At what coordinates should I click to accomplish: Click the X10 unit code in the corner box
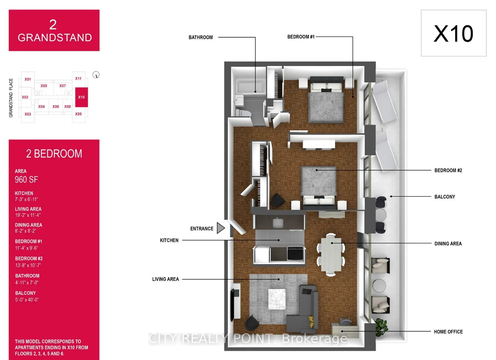point(453,34)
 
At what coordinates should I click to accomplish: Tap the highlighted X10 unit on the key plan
point(82,97)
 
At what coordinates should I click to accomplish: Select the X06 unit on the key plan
point(56,107)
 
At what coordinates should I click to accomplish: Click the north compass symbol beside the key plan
point(96,75)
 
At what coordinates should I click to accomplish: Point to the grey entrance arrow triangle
point(221,228)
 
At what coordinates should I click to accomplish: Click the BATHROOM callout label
point(200,37)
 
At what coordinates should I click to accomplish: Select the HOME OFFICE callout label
point(448,332)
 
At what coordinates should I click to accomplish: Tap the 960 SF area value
point(26,179)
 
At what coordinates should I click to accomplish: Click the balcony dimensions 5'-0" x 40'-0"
point(27,300)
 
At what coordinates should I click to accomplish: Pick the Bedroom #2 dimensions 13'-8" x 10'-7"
point(28,265)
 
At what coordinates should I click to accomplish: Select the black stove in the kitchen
point(295,253)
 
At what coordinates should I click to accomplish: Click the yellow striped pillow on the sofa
point(312,322)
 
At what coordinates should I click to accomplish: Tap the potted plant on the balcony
point(381,327)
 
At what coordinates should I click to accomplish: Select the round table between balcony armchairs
point(379,285)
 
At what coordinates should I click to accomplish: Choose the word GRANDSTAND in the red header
point(55,38)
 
